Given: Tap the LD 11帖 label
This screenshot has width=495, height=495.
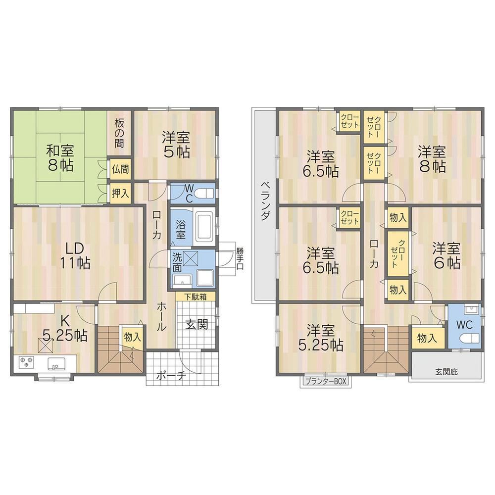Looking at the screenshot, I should [75, 255].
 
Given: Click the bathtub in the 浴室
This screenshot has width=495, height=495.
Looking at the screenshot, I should [204, 226].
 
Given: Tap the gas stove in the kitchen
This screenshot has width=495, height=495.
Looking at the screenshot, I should [26, 363].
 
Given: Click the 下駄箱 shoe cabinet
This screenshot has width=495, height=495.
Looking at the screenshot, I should [196, 297].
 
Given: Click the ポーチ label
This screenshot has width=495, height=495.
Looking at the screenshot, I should [170, 375].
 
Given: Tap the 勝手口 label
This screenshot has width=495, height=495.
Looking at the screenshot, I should [240, 258].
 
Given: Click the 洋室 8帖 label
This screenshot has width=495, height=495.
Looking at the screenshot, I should [432, 158].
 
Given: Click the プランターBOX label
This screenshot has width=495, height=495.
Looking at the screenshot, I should [326, 382].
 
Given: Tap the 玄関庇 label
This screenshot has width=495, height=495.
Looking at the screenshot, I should [447, 371].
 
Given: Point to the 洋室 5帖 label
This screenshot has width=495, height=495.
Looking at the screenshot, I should [176, 145].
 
